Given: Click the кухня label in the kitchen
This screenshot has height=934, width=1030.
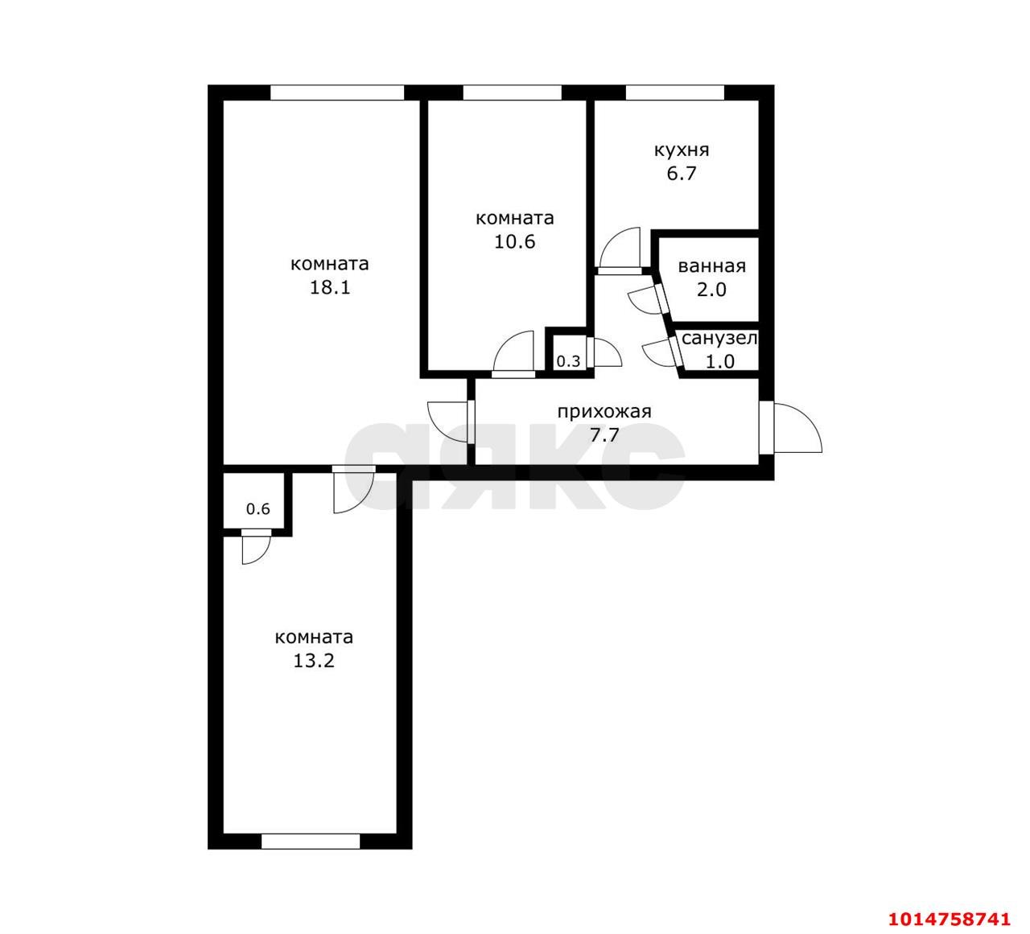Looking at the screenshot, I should click(x=681, y=150).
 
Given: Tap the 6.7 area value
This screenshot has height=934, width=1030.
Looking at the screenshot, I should click(x=681, y=174).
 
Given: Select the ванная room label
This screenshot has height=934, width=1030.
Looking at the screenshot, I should click(x=711, y=266).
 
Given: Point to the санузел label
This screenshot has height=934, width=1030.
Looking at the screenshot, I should click(x=719, y=339).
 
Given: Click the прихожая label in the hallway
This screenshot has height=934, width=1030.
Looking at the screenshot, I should click(x=604, y=412).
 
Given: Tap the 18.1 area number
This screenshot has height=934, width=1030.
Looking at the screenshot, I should click(x=330, y=287).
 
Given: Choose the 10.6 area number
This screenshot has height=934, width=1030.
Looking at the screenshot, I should click(x=515, y=241).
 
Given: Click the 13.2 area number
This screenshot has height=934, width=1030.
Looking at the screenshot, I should click(x=314, y=660).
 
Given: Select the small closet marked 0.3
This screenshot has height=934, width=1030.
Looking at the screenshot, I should click(x=568, y=361).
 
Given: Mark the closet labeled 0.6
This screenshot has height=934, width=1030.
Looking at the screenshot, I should click(x=257, y=508).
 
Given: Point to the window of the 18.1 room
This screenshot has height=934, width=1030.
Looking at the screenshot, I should click(x=336, y=93).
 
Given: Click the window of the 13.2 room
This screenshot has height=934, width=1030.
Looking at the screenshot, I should click(x=311, y=841).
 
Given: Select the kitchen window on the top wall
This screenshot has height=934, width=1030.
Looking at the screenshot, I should click(x=674, y=93).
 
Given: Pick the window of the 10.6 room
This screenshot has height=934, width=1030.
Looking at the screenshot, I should click(x=512, y=93).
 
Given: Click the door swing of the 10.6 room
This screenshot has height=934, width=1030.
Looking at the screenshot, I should click(x=515, y=352).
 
